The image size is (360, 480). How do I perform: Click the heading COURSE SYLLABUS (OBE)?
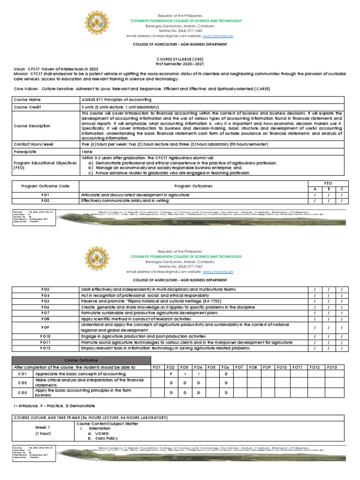(180, 59)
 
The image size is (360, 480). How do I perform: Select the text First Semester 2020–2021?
(180, 63)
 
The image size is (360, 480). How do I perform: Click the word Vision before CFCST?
(20, 69)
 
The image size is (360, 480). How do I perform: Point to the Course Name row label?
(28, 100)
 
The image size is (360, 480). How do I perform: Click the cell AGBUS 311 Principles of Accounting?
(117, 100)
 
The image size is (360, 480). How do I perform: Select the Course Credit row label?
(29, 107)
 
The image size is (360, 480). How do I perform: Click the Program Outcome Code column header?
(45, 186)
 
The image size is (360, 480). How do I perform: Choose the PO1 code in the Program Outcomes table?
(45, 195)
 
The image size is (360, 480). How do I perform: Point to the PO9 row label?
(45, 327)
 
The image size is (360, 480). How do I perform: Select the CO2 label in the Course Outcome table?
(22, 383)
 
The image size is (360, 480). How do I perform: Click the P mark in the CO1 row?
(171, 374)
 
